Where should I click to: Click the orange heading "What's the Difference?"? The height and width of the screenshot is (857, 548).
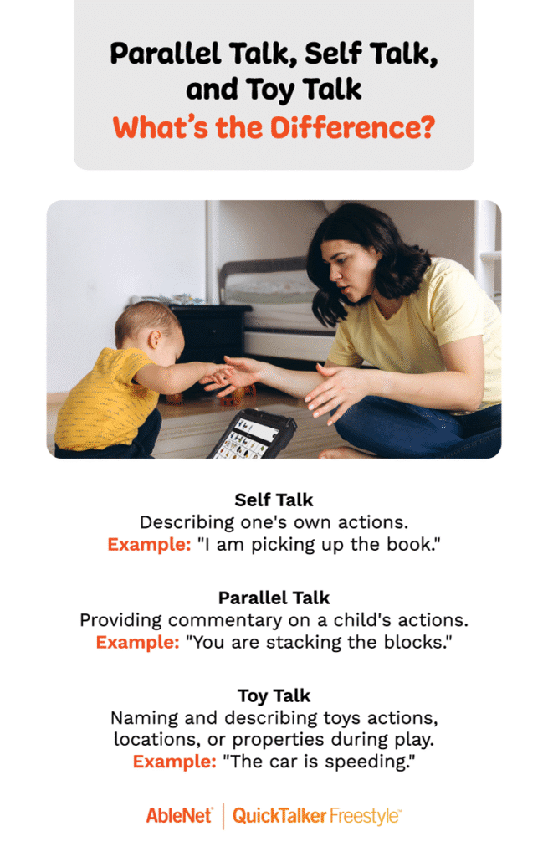click(x=274, y=127)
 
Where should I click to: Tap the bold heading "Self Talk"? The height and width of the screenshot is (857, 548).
click(x=274, y=500)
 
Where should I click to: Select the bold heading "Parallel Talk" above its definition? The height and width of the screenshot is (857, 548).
click(x=274, y=598)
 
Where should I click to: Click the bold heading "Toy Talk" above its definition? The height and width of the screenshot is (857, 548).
click(x=274, y=696)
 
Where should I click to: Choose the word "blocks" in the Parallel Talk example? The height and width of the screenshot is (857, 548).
click(x=421, y=642)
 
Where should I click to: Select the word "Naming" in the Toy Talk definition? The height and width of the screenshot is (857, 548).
click(x=141, y=719)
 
